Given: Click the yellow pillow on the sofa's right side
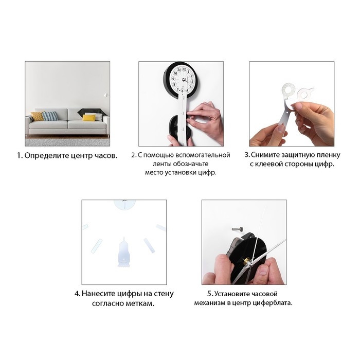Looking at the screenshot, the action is (89, 118).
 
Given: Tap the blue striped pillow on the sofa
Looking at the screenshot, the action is (50, 116).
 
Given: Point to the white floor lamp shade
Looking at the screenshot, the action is (106, 95).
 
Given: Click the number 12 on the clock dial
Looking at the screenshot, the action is (184, 69).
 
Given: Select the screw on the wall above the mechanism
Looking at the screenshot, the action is (238, 229).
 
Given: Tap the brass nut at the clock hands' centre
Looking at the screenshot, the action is (247, 261).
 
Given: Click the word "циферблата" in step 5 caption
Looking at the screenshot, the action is (272, 303).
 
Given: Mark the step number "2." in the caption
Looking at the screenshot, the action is (134, 155).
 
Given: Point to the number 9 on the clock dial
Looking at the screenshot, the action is (174, 79).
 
